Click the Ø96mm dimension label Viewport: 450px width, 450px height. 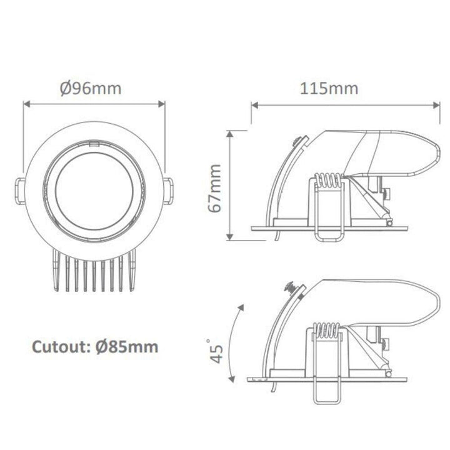coord(91,88)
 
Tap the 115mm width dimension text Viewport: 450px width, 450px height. coord(329,88)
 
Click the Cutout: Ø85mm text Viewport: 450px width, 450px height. coord(94,345)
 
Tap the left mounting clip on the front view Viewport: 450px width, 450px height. coord(20,189)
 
